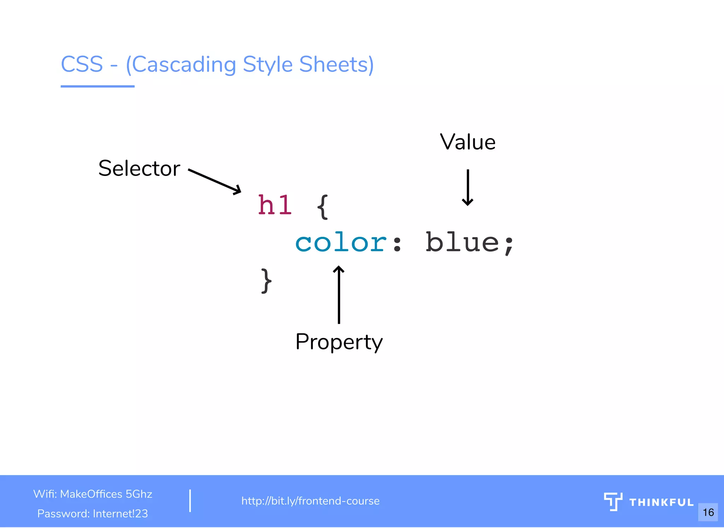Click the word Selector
point(139,168)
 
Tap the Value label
point(467,142)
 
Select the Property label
point(339,342)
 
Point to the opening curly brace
point(322,207)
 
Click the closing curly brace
point(266,281)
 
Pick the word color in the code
point(341,243)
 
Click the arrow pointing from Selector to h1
point(215,181)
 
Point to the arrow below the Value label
point(467,188)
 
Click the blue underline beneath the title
point(98,86)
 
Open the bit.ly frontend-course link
point(310,501)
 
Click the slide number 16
point(708,512)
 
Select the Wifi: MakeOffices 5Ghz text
point(93,494)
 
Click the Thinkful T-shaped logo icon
point(613,501)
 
